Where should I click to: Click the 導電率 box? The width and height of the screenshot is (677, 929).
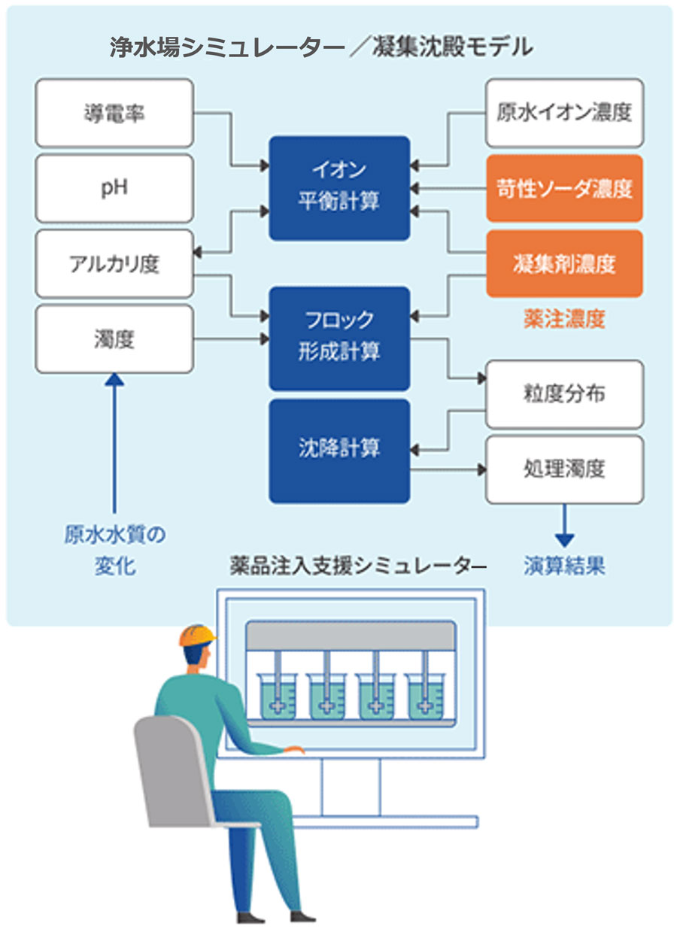click(x=114, y=113)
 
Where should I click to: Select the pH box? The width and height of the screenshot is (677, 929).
click(x=114, y=188)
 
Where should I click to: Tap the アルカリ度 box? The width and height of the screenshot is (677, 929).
click(x=114, y=264)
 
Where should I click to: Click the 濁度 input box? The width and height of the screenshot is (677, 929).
click(x=114, y=339)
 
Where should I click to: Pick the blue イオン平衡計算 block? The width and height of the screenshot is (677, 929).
click(x=339, y=188)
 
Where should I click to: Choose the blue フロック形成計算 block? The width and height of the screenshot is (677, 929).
click(x=339, y=338)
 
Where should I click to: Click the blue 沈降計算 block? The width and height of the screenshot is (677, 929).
click(x=339, y=451)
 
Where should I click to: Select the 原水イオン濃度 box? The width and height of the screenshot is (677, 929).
click(x=564, y=113)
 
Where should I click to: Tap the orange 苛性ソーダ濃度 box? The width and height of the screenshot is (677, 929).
click(x=564, y=188)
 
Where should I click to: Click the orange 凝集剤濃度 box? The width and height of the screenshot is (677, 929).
click(x=564, y=263)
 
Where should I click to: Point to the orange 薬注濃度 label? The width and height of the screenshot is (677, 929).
click(x=564, y=320)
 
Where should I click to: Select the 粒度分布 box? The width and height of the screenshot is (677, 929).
click(x=564, y=394)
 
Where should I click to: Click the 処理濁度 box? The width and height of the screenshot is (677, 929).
click(x=564, y=469)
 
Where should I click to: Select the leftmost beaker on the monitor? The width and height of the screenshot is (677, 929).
click(x=277, y=696)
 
